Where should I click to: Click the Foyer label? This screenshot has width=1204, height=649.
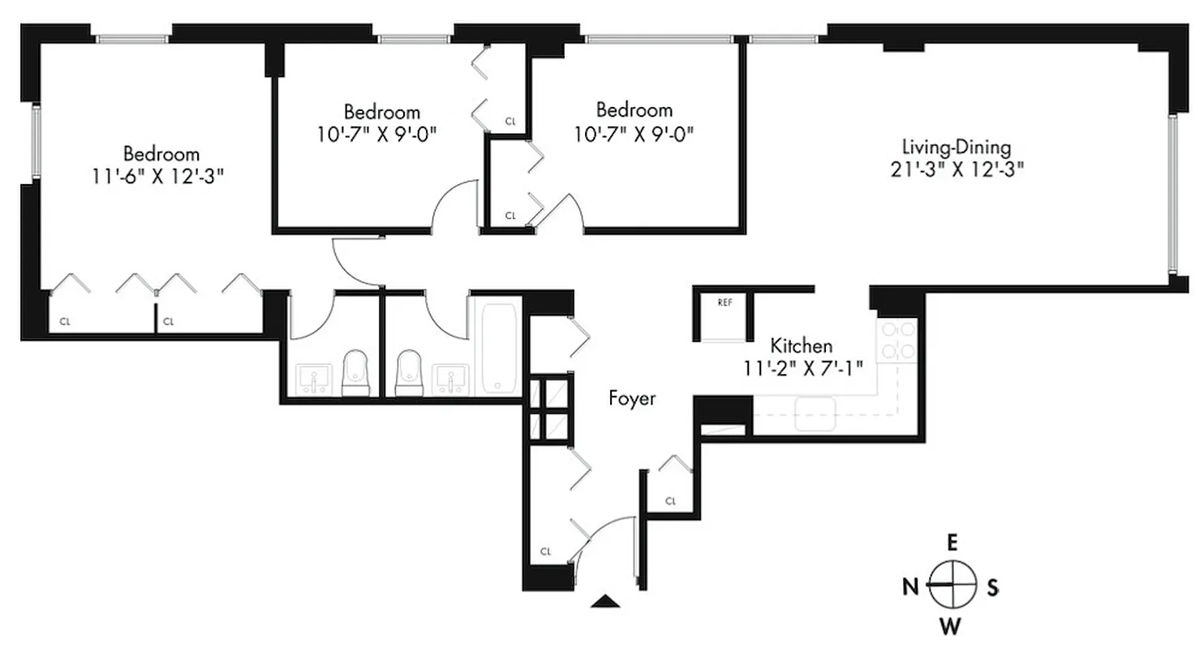point(632,398)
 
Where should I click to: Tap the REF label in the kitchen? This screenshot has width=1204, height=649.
point(725,302)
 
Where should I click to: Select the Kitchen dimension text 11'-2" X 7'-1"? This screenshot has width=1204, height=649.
point(802,366)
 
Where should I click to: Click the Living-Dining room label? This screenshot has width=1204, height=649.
point(957,148)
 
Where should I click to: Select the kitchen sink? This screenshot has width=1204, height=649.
point(815,413)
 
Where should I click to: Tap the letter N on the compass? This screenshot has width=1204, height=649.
point(910,586)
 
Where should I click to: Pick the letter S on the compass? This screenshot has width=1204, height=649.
point(992,587)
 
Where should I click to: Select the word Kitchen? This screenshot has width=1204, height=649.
point(801,345)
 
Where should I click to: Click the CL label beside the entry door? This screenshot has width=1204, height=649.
point(545,552)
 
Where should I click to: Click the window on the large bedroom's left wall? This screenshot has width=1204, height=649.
point(36,141)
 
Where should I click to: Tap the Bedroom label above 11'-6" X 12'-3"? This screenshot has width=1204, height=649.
point(161,153)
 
